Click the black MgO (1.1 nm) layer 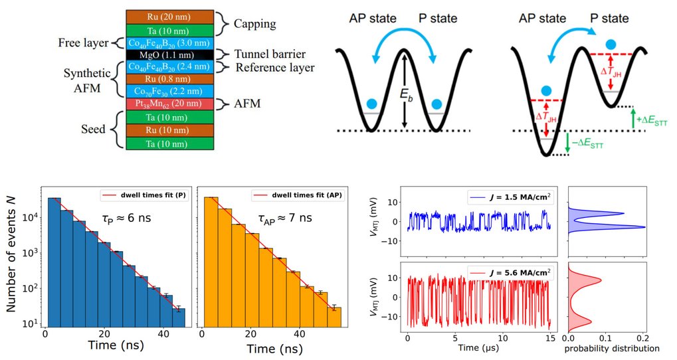171,55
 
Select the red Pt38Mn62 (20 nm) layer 171,104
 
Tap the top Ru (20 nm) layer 171,16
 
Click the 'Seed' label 92,128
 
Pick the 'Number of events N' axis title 13,260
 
